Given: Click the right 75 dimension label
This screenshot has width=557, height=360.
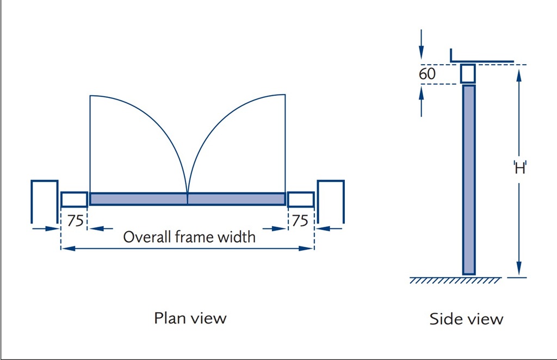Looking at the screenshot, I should coord(300,221).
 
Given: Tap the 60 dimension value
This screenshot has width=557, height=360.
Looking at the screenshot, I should coord(427,74).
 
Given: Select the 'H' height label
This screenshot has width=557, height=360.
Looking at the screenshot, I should coord(520,168).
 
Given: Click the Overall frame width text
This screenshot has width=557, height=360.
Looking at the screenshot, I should coord(189,237).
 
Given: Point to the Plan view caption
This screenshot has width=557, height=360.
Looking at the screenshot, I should coord(190,318).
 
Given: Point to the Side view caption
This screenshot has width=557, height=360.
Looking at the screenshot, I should coord(466,319).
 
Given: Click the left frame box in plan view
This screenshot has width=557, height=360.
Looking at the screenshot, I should coord(74,200).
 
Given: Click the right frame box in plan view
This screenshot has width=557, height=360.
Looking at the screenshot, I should coord(301,200).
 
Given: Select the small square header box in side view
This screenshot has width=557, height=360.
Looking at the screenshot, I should coord(468,73).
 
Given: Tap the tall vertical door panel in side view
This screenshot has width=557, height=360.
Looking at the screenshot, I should coord(468,179).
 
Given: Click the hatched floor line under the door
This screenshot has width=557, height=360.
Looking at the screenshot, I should coord(455,280).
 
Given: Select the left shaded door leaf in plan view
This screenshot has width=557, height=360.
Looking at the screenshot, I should coord(138,199).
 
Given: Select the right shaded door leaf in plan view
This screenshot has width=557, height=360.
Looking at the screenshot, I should coord(236,199).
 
